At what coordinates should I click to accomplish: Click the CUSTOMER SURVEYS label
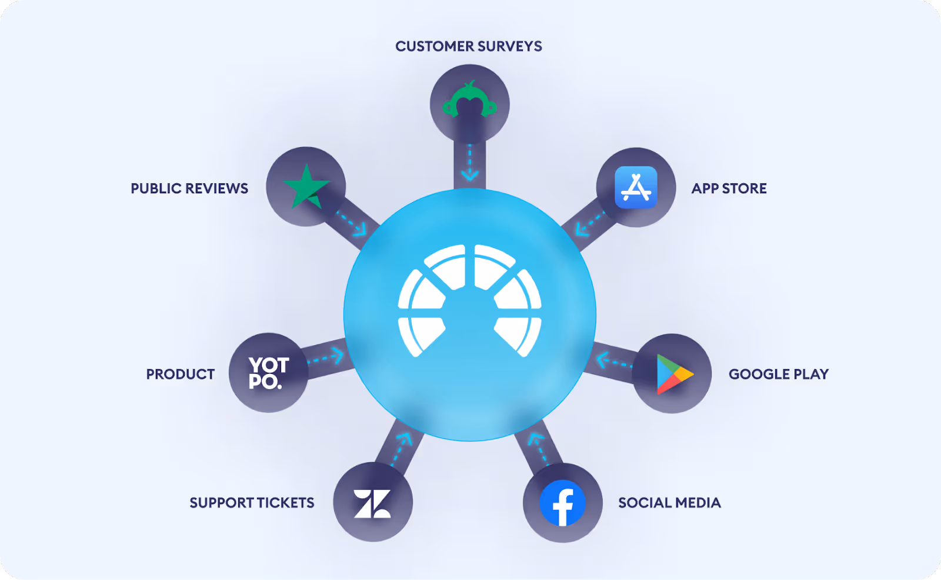click(x=468, y=46)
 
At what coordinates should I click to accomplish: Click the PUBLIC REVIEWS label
click(x=189, y=188)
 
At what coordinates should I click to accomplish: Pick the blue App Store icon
click(x=636, y=187)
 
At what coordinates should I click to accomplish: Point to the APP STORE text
click(x=729, y=188)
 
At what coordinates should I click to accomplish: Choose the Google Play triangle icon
click(x=674, y=374)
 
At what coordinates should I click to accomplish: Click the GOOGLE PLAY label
click(x=778, y=374)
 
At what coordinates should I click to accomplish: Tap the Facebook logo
click(x=562, y=503)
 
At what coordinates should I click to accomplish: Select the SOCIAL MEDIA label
click(x=669, y=503)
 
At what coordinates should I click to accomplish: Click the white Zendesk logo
click(x=372, y=503)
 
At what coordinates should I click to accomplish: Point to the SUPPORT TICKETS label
click(x=252, y=503)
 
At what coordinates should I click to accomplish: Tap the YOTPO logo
click(x=269, y=373)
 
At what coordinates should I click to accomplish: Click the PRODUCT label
click(x=180, y=374)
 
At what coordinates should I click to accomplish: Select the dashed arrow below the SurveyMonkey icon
click(x=469, y=163)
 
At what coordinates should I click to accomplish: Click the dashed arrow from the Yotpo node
click(x=326, y=357)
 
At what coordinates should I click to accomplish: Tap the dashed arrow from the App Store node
click(x=589, y=224)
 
